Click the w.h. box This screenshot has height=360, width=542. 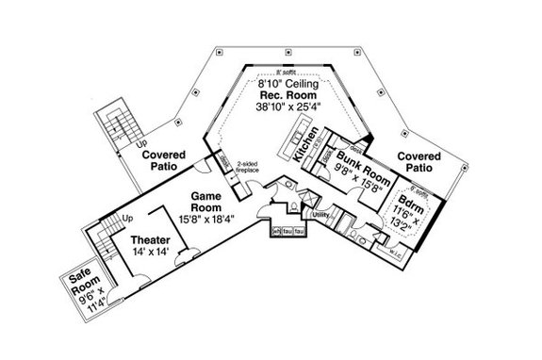pos(277,232)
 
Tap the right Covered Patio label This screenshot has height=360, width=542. pos(417,158)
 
